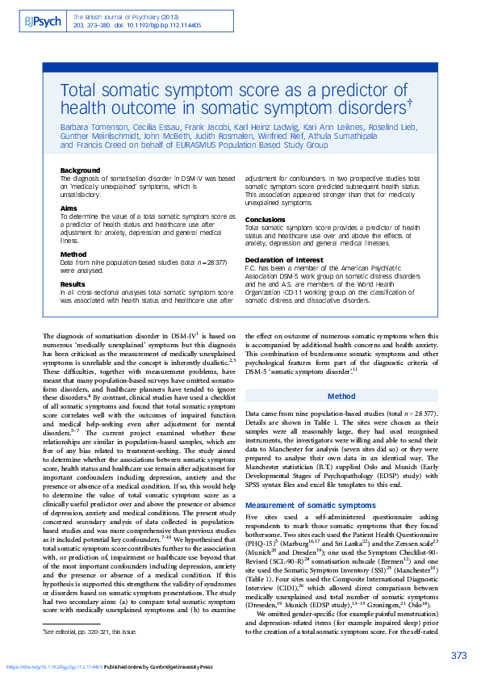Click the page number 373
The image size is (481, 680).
[458, 655]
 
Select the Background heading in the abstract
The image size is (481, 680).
[81, 170]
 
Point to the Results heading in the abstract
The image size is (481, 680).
[73, 284]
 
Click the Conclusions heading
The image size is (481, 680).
[266, 220]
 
